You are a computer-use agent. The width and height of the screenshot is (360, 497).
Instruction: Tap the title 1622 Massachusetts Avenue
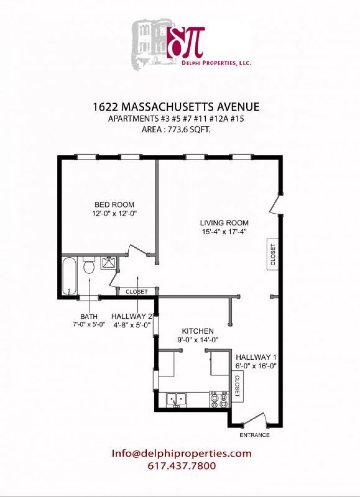coord(176,107)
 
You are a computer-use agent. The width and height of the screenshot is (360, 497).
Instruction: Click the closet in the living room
coord(273,254)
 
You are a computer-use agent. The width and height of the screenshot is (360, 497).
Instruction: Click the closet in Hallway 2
coord(137,291)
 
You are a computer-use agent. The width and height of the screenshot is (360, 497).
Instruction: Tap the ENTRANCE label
coord(254,435)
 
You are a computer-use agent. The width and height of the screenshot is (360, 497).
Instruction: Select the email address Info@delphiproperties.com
coord(181,453)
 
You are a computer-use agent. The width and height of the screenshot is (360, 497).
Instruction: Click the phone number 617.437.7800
coord(181,466)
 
